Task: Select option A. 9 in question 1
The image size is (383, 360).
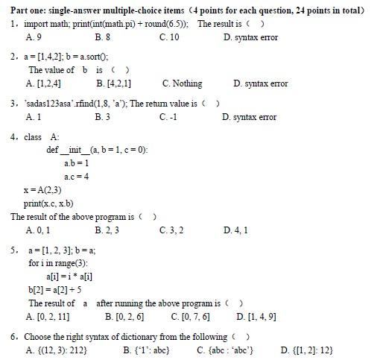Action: [34, 37]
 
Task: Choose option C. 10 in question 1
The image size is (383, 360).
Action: [169, 37]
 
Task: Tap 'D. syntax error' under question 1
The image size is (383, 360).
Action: [250, 37]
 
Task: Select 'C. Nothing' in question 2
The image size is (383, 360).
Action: [182, 83]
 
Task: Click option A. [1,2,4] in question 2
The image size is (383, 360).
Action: [43, 83]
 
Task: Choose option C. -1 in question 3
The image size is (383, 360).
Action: [168, 117]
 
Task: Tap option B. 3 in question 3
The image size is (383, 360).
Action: [103, 117]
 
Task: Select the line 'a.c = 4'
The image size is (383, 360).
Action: [76, 177]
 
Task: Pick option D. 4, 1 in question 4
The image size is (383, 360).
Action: [235, 230]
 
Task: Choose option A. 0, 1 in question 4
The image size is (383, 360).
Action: [37, 230]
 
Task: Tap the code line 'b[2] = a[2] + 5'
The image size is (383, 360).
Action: [54, 290]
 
